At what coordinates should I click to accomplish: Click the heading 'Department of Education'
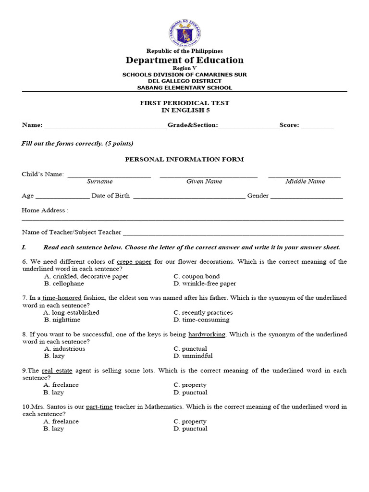point(184,60)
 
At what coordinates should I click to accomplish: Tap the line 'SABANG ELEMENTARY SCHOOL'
point(184,88)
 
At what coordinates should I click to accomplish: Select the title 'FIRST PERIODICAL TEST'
point(184,103)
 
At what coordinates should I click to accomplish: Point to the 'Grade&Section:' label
point(193,125)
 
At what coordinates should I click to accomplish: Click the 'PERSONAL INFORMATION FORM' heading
point(184,159)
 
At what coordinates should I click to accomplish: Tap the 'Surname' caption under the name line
point(99,182)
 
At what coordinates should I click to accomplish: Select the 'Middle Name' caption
point(305,182)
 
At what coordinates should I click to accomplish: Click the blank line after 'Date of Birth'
point(189,197)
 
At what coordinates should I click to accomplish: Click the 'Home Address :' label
point(45,210)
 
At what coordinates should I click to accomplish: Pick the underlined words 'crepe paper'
point(134,262)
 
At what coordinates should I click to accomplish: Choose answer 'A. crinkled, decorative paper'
point(86,276)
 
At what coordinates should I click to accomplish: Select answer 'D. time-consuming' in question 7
point(202,320)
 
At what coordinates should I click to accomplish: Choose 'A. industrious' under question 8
point(64,349)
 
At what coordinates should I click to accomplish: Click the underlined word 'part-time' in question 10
point(99,407)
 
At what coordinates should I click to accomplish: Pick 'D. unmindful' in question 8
point(193,356)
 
